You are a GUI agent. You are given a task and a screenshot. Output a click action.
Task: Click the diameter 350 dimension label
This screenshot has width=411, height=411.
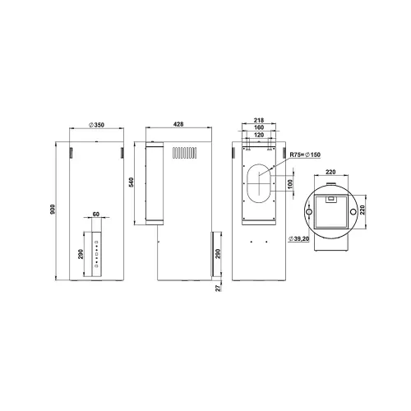(96, 125)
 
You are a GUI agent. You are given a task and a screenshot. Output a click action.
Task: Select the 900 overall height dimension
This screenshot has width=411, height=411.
(53, 210)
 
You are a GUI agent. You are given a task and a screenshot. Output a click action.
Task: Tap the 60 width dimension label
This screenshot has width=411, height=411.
(96, 214)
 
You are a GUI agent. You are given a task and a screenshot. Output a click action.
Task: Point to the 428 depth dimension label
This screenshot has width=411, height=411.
(178, 124)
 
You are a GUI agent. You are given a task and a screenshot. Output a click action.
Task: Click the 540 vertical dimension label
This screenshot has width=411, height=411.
(132, 182)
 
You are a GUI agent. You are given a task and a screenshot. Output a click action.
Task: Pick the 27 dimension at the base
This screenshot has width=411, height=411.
(218, 288)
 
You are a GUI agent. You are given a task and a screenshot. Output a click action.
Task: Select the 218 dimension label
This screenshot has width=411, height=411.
(259, 120)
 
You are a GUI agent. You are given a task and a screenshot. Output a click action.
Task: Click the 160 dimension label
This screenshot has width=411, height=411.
(259, 127)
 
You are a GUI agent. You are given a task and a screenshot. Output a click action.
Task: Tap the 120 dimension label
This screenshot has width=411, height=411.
(259, 135)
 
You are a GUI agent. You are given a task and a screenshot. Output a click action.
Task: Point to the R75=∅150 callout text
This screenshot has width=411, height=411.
(305, 155)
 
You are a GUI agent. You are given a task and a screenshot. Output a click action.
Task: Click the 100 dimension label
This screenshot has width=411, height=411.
(290, 184)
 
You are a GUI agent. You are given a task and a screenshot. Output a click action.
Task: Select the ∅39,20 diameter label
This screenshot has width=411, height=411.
(298, 239)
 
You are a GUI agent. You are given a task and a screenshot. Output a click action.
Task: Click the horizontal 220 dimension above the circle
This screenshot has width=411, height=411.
(330, 172)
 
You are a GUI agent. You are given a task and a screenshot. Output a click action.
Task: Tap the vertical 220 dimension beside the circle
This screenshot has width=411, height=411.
(363, 210)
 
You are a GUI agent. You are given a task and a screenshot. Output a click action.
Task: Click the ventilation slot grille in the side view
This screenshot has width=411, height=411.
(185, 153)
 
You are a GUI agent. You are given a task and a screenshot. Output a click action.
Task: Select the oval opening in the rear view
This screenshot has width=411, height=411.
(259, 183)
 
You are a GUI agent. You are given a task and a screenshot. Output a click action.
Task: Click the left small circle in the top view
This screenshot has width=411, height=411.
(308, 212)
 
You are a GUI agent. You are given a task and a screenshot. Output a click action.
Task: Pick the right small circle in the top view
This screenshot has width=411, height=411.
(353, 212)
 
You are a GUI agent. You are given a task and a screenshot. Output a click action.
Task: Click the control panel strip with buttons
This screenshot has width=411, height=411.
(96, 254)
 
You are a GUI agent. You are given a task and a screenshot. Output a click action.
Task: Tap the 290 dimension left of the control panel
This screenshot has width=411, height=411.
(81, 254)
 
